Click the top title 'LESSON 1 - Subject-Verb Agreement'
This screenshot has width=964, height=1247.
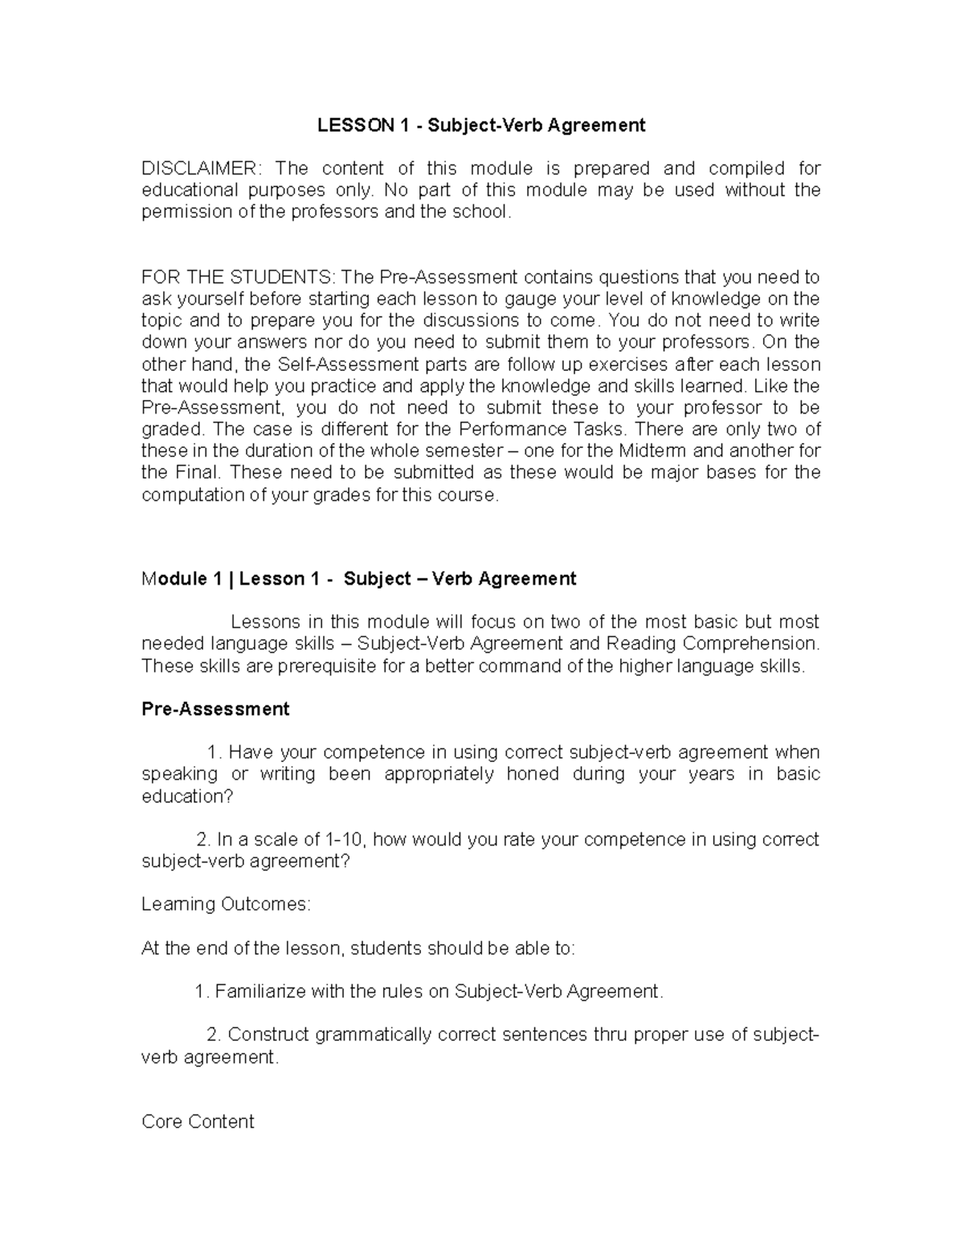click(x=480, y=125)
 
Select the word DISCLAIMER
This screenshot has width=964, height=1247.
click(x=200, y=169)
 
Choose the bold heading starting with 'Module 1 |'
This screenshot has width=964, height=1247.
click(x=358, y=579)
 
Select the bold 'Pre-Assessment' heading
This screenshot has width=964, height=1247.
click(x=215, y=709)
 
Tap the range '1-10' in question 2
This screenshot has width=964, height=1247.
click(x=345, y=840)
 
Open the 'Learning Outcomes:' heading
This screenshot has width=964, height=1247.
click(x=226, y=904)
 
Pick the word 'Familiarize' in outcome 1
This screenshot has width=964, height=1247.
click(x=260, y=992)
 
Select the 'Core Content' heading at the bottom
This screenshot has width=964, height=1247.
click(x=198, y=1122)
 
